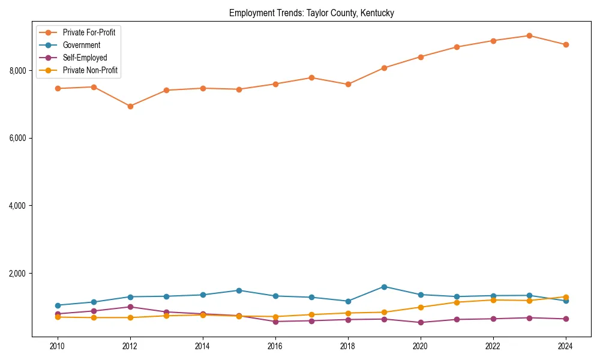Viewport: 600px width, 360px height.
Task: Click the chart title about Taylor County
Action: click(x=311, y=13)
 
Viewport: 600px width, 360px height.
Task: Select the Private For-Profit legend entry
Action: click(x=89, y=32)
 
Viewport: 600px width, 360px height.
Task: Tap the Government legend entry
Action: click(x=82, y=45)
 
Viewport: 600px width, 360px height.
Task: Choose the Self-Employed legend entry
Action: click(x=85, y=58)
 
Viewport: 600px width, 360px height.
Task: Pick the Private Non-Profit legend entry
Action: click(x=90, y=71)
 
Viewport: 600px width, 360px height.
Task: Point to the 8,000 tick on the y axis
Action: click(x=18, y=71)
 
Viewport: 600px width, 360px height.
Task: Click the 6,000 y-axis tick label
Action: click(x=18, y=138)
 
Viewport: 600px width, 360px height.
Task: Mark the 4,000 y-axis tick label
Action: click(x=18, y=206)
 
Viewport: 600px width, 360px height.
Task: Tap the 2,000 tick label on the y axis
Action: click(x=18, y=274)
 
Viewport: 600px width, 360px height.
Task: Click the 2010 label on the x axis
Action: click(x=58, y=346)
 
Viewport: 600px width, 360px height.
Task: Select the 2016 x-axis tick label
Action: click(x=275, y=346)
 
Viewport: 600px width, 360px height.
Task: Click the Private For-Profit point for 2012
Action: click(x=130, y=106)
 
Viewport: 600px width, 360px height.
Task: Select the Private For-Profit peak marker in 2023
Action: click(x=529, y=35)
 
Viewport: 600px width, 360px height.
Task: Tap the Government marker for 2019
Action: click(x=384, y=287)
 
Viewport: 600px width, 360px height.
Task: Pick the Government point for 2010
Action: click(x=58, y=305)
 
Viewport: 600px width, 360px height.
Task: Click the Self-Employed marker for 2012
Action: click(x=130, y=307)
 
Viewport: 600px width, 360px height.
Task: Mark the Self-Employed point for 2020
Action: click(x=421, y=322)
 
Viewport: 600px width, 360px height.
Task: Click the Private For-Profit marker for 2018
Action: click(x=348, y=84)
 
